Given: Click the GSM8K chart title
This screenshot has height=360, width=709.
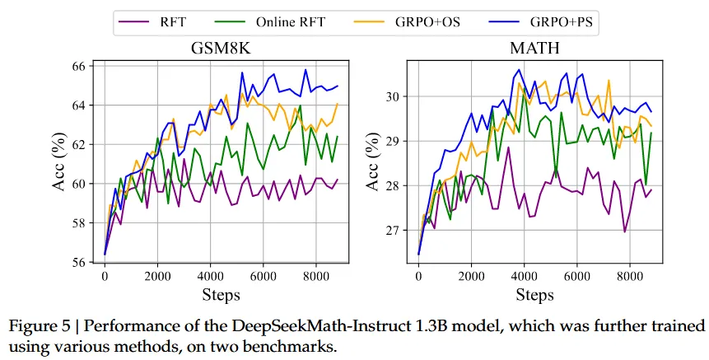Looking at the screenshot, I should click(x=222, y=49).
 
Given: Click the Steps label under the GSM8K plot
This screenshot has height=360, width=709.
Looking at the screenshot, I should click(x=222, y=294).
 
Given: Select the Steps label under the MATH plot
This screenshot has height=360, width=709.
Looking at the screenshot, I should click(x=536, y=294).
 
